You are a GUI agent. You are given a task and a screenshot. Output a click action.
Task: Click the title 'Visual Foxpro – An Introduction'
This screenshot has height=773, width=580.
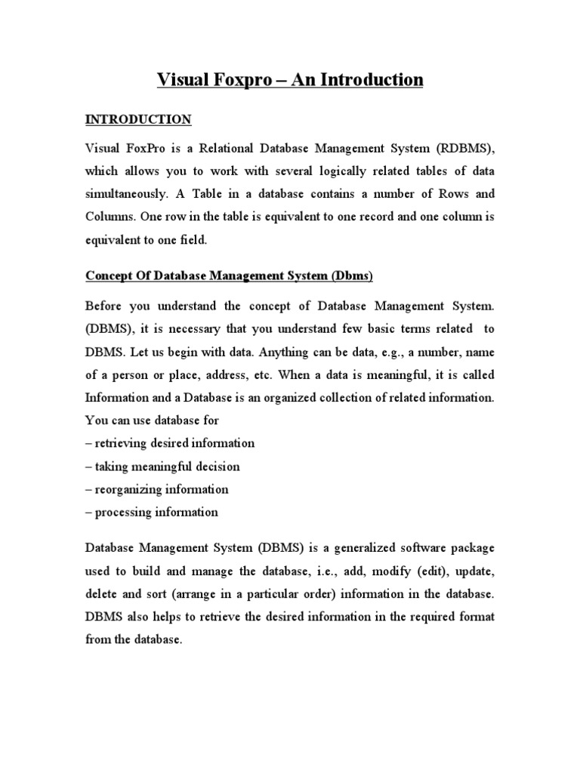(290, 80)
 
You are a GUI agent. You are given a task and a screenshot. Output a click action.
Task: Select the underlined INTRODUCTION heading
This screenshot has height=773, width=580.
(137, 119)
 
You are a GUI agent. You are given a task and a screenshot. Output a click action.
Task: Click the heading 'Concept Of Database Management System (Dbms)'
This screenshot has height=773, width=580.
(229, 277)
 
